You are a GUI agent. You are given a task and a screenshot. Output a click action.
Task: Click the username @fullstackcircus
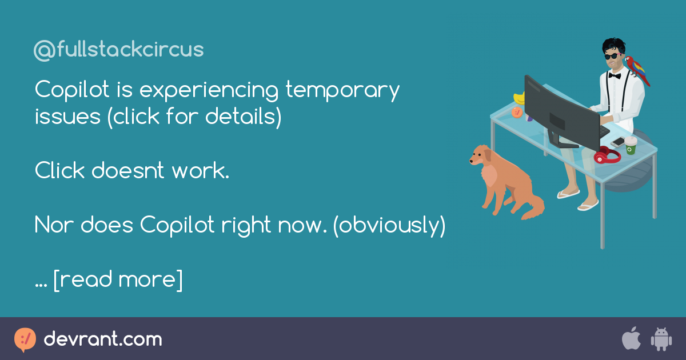[x=118, y=50]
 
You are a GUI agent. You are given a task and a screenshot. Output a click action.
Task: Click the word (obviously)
[x=389, y=226]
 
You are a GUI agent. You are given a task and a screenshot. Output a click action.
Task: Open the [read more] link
[x=118, y=280]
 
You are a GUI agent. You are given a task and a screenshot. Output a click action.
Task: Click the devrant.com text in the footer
[x=103, y=339]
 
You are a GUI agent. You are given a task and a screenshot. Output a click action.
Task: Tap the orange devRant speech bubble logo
[x=25, y=340]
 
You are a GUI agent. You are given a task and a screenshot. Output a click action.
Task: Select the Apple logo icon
[x=631, y=339]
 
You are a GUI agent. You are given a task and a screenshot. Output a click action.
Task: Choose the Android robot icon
[x=661, y=339]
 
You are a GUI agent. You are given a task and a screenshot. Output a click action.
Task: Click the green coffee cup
[x=630, y=145]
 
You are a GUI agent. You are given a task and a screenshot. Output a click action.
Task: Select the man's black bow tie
[x=615, y=75]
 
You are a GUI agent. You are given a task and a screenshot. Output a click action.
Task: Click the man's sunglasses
[x=612, y=56]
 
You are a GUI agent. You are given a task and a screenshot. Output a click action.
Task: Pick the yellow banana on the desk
[x=519, y=98]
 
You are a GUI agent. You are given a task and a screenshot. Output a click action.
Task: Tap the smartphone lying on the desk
[x=618, y=141]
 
